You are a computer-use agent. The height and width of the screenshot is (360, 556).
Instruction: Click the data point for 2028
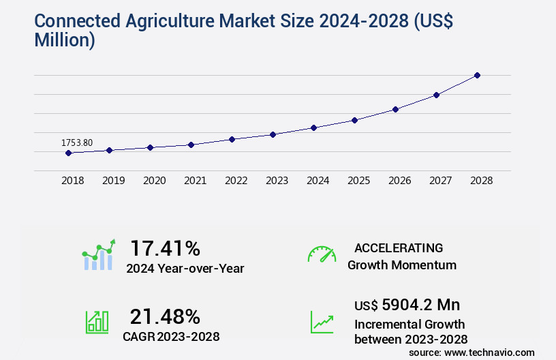(477, 75)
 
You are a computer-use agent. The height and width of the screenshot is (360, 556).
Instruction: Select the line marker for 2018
(68, 153)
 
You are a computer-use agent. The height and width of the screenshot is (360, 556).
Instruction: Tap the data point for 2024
(313, 127)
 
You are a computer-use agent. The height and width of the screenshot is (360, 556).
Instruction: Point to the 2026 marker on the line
(395, 109)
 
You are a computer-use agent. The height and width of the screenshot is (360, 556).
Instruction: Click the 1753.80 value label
(77, 142)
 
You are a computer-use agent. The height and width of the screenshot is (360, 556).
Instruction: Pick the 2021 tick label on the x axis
(196, 181)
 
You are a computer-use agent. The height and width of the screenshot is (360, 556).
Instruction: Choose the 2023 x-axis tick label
(277, 181)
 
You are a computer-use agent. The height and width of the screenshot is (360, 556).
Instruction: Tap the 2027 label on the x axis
(441, 181)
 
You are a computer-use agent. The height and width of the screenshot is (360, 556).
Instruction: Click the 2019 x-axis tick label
(114, 181)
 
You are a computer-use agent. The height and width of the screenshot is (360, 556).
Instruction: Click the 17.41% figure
(165, 248)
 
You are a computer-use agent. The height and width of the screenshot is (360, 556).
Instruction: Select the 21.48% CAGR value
(165, 316)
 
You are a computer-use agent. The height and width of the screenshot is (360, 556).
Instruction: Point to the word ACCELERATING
(399, 247)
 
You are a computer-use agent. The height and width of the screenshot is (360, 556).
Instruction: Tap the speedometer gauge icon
(322, 254)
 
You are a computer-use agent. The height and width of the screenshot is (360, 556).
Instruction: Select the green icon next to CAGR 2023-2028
(97, 322)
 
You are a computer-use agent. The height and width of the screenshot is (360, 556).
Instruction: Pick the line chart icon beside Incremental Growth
(322, 322)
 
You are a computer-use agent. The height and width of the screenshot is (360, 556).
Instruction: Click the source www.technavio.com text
(472, 352)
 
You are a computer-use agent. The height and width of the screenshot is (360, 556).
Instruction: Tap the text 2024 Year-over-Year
(185, 268)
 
